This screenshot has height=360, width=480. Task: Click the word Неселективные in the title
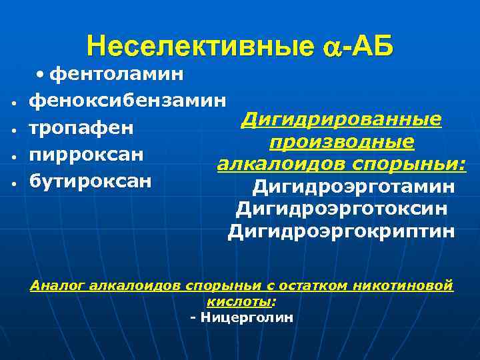point(198,47)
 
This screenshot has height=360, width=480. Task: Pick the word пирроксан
point(87,154)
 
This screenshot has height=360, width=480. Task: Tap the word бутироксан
point(91,181)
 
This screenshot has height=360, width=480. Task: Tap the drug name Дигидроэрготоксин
point(341,209)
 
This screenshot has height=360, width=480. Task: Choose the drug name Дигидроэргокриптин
point(341,232)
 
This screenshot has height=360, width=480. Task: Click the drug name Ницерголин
point(246,317)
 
